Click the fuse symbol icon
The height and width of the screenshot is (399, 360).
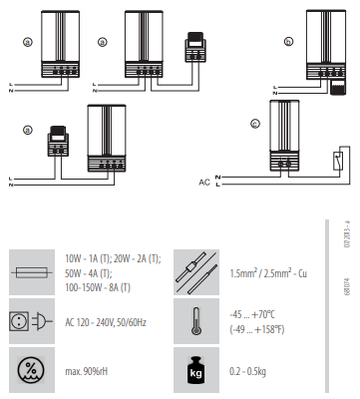point(32,272)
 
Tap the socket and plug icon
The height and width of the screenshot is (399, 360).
point(31,321)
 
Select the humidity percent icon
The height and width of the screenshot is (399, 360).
point(31,370)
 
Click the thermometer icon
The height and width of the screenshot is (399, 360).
point(196,321)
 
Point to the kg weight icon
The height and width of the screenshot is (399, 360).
point(195,370)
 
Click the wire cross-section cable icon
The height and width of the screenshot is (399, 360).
point(196,272)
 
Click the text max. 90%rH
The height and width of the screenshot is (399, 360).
point(87,371)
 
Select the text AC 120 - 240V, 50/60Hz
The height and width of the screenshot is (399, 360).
point(106,322)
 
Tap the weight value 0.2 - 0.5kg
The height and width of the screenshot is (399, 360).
point(247,371)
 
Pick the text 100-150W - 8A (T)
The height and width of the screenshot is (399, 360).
point(98,287)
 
